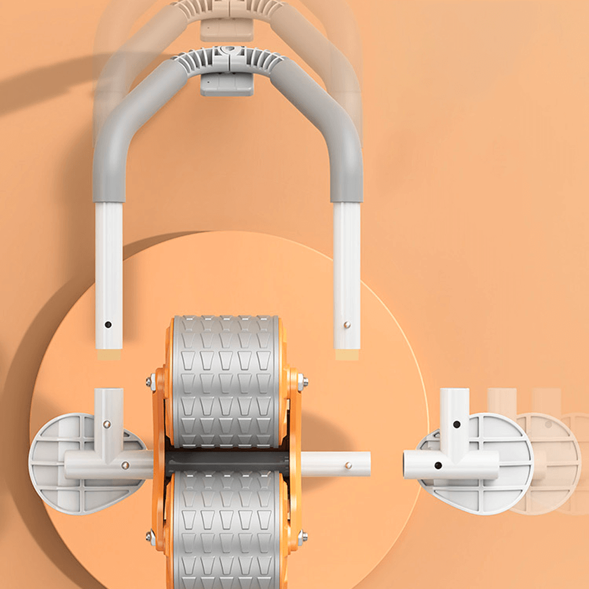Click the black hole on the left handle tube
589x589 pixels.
(x=108, y=324)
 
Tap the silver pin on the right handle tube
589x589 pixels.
(x=347, y=324)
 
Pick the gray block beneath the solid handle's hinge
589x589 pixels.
(x=227, y=84)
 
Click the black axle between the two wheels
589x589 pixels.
(x=227, y=464)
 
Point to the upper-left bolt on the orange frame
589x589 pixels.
(x=151, y=382)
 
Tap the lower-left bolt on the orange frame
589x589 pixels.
(x=151, y=536)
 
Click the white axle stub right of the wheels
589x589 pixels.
(x=336, y=464)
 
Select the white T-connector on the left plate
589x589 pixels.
(x=109, y=448)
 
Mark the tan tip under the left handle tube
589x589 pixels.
(x=109, y=355)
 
